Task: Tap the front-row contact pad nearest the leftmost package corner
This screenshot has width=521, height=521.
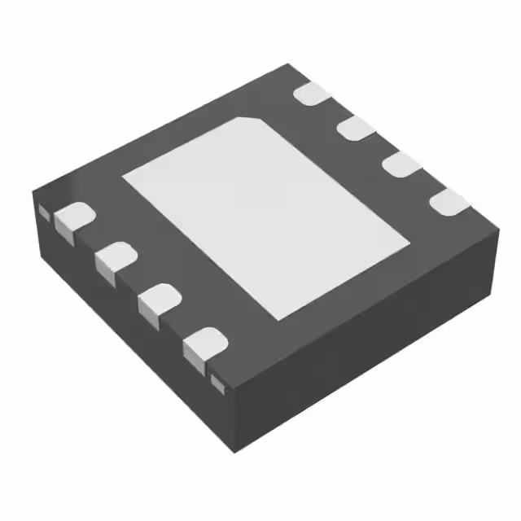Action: point(73,217)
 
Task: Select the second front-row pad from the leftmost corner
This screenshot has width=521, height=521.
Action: point(115,256)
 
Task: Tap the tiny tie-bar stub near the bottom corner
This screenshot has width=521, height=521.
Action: point(217,380)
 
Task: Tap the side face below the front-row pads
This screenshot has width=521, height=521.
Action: point(122,326)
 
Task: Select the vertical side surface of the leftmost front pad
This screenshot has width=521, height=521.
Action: point(67,232)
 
